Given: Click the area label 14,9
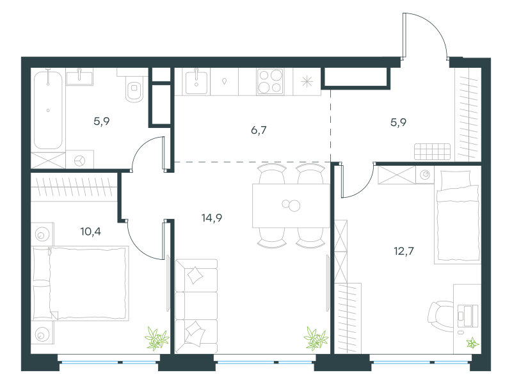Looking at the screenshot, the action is [212, 218].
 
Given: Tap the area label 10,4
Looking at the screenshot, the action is [90, 232].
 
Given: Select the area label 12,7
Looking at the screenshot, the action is [404, 251].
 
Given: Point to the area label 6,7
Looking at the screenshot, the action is [259, 131].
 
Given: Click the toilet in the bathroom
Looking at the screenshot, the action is [134, 86].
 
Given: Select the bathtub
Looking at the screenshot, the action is [48, 110].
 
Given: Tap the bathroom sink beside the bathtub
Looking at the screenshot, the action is [79, 77].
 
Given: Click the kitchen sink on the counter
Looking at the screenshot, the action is [196, 83].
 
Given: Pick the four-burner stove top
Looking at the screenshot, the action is [270, 82].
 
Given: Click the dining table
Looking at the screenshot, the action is [291, 205].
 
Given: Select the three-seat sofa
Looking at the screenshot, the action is [196, 306].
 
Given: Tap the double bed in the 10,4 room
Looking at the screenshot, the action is [80, 283].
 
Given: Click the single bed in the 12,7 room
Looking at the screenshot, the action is [458, 217].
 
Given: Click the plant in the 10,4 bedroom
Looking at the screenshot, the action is [157, 339].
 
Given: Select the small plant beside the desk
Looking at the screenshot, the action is [472, 343].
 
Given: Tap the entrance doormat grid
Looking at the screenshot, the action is [433, 152].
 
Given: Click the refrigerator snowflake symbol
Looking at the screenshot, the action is [307, 82].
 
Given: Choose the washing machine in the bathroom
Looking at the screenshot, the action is [79, 159].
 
